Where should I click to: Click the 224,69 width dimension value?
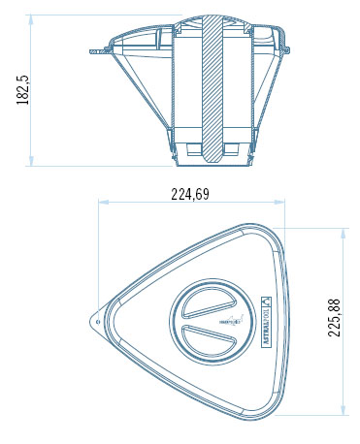(190, 194)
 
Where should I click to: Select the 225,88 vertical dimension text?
(335, 318)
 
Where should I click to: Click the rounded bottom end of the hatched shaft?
(213, 152)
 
